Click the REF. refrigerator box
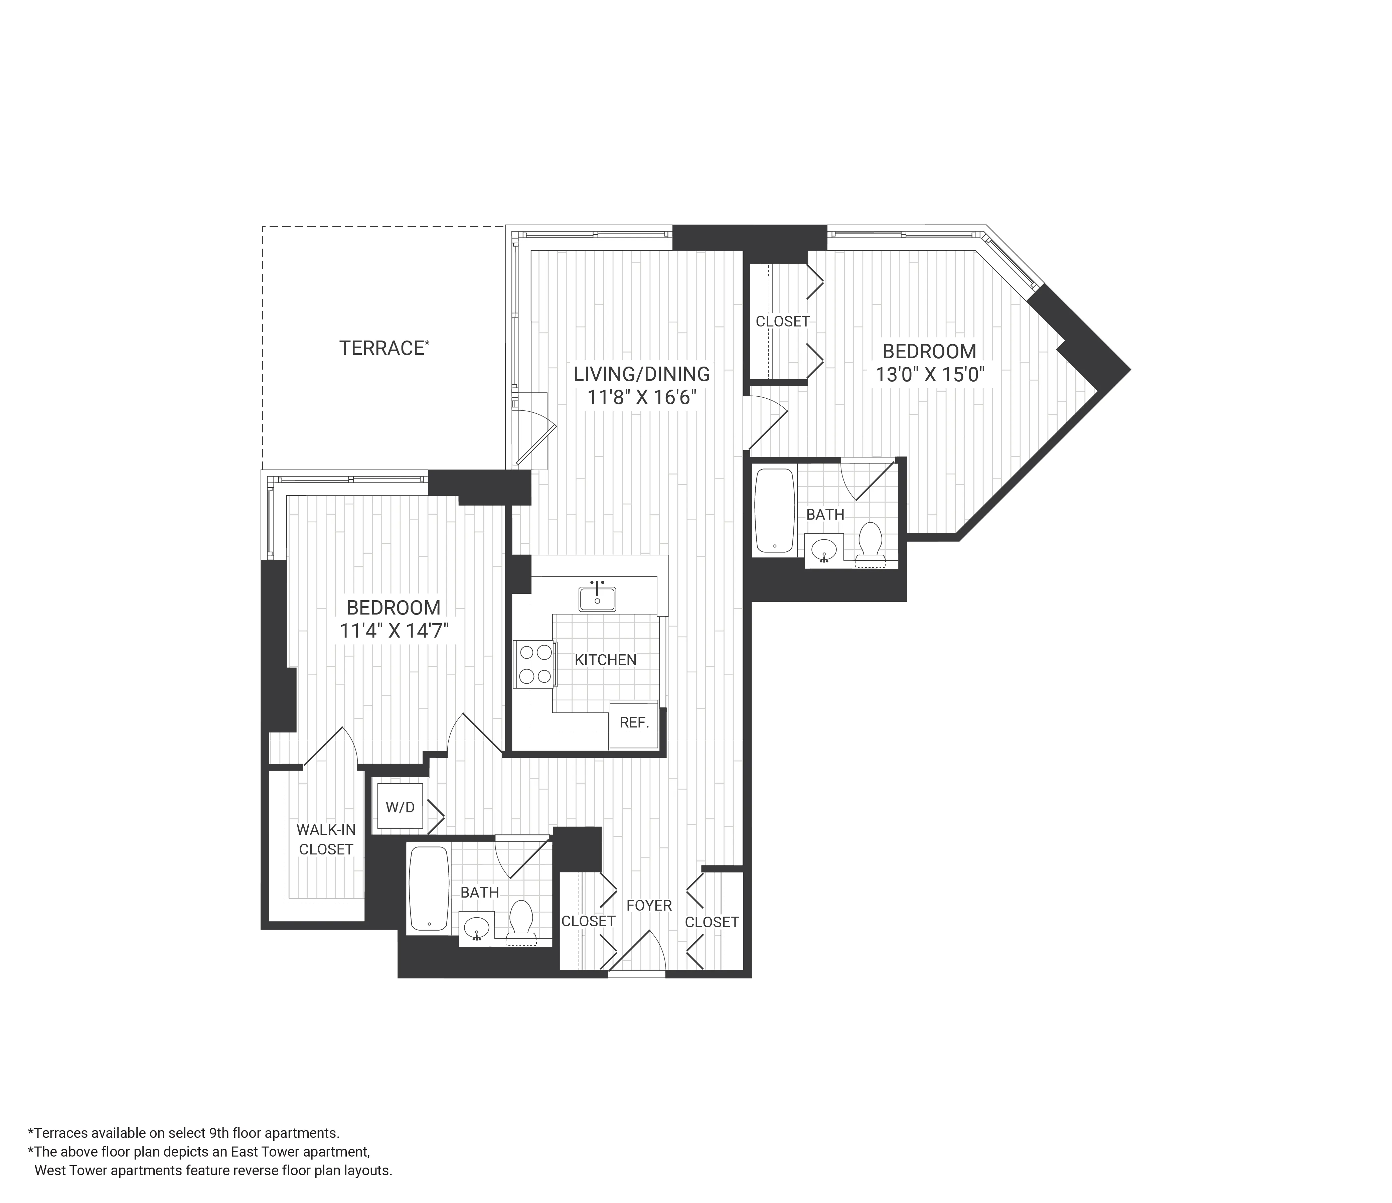pos(633,724)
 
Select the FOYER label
pos(649,905)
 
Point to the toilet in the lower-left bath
pos(521,919)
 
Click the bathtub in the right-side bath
pos(775,511)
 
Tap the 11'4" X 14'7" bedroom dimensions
pos(394,631)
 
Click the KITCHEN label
pos(605,660)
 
